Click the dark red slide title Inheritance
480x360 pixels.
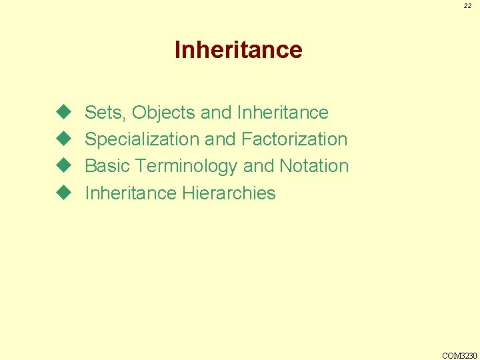click(238, 50)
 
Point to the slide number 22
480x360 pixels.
click(468, 6)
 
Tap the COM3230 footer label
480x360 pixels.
click(460, 355)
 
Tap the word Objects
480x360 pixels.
click(163, 113)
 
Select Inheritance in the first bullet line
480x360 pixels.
click(283, 113)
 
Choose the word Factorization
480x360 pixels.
click(294, 139)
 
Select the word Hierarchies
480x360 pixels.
click(229, 193)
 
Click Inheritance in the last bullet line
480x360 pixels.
click(131, 193)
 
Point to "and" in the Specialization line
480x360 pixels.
click(220, 139)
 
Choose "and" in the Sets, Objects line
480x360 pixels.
click(216, 113)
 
